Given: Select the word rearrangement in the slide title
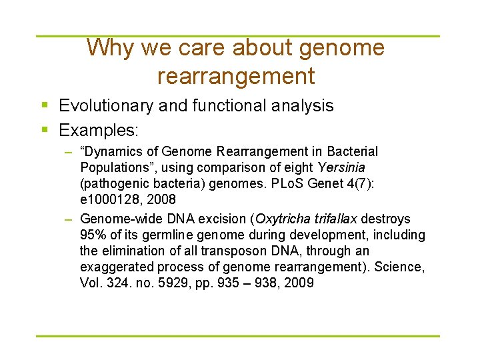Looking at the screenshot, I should click(236, 76).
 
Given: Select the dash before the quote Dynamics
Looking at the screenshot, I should click(69, 152).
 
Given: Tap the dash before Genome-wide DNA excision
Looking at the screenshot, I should click(69, 219).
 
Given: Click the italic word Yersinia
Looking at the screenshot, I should click(342, 167).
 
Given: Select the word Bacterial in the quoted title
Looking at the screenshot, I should click(352, 152).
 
